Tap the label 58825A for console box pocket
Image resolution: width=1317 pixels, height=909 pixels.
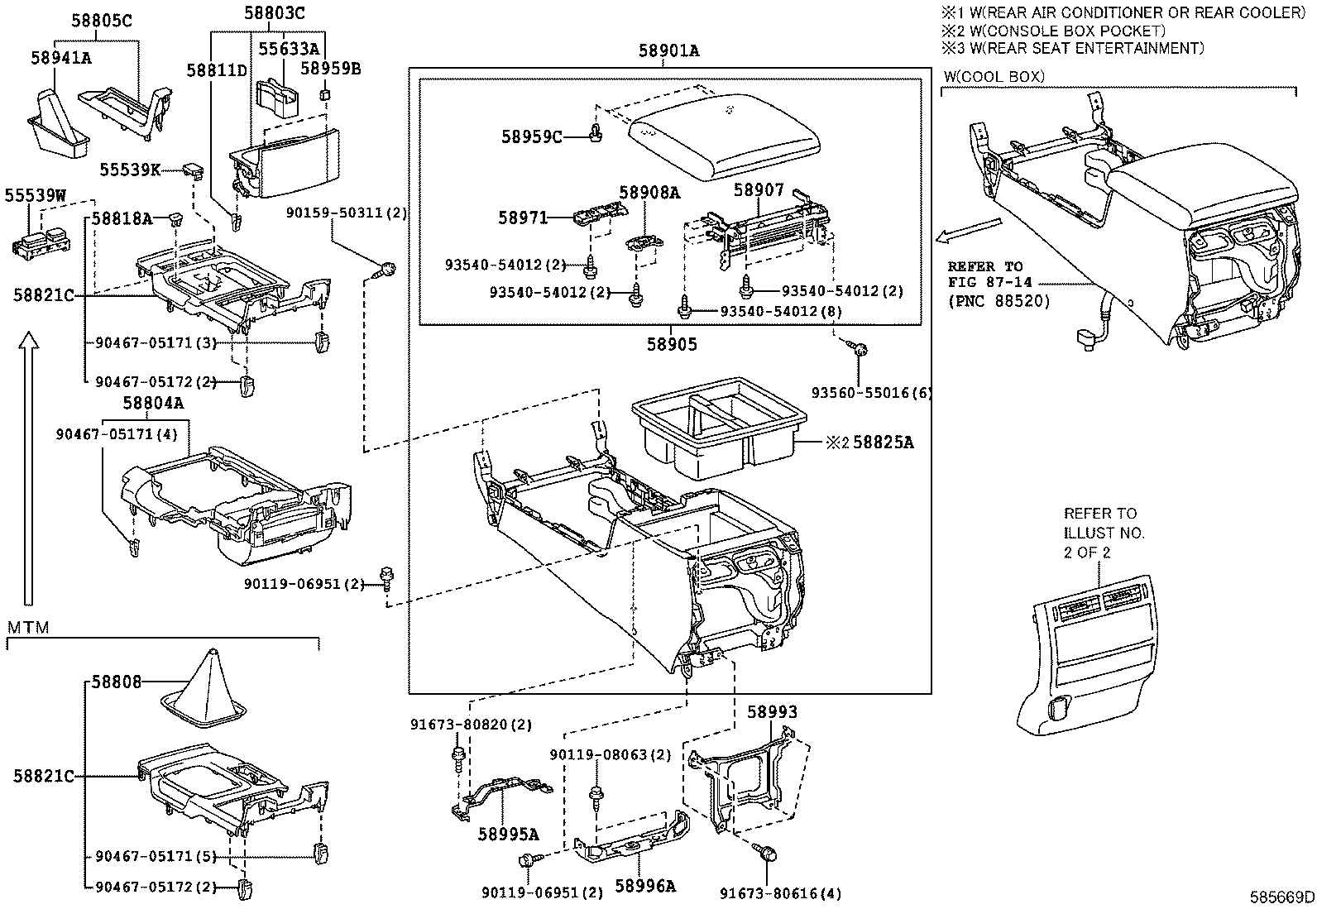tap(883, 443)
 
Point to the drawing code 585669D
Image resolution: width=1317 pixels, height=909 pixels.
tap(1282, 897)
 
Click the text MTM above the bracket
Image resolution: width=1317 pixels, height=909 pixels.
tap(28, 628)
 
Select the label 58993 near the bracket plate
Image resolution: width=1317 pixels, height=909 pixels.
tap(772, 711)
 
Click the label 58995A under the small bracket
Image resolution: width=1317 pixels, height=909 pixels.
tap(509, 834)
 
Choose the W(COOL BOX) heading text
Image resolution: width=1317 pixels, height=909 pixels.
tap(994, 77)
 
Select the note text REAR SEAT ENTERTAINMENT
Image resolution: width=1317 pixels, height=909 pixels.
tap(1075, 48)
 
